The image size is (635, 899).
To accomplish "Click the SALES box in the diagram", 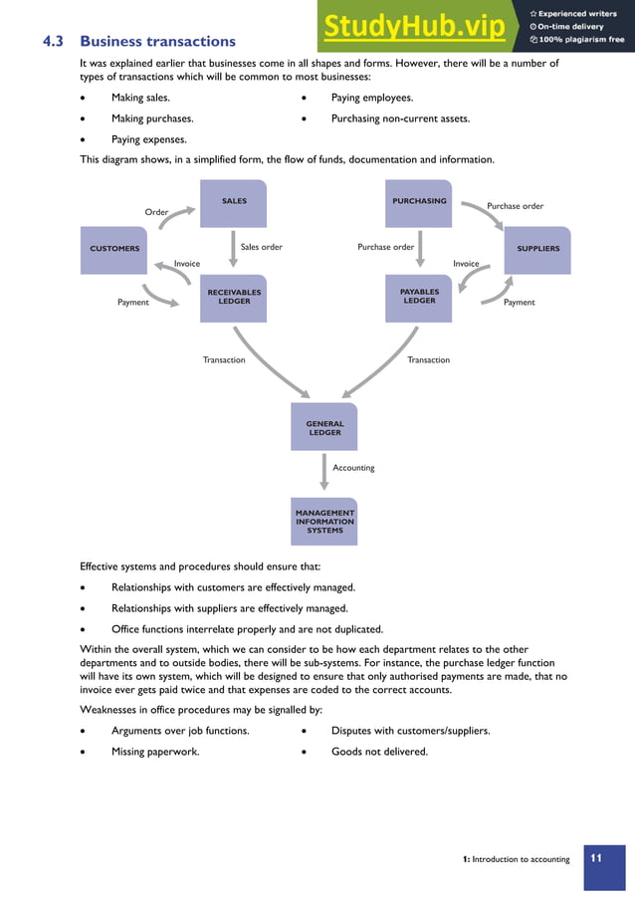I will tap(234, 203).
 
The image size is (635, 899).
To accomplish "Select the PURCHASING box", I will tap(419, 203).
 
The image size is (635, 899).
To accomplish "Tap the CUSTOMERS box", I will tap(114, 249).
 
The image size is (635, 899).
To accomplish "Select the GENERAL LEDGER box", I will tap(324, 428).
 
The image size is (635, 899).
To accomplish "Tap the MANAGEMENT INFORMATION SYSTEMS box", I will tap(324, 522).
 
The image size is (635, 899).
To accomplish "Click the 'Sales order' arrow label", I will tap(262, 247).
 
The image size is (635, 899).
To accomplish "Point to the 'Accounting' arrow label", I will tap(353, 467).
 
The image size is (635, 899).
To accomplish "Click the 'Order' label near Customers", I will tap(156, 212).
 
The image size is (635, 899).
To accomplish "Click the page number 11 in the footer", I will tap(597, 858).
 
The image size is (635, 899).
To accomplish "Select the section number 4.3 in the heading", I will tap(53, 42).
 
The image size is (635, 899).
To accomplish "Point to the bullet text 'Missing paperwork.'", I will tap(155, 752).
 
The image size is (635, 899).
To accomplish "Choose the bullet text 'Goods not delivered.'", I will tap(379, 752).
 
